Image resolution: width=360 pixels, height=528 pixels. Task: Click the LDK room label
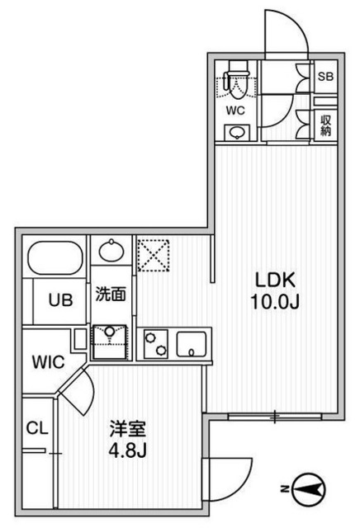pos(273,280)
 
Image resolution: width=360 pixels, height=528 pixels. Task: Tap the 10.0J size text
pos(273,302)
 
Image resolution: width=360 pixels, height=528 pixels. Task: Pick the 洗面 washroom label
pos(111,294)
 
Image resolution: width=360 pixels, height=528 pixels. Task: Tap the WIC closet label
pos(45,361)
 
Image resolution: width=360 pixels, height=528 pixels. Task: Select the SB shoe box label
pos(327,77)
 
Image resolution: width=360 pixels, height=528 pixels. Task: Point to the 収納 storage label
pos(327,123)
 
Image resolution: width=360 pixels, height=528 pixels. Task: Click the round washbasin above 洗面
pos(111,249)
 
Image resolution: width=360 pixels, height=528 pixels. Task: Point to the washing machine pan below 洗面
pos(111,340)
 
